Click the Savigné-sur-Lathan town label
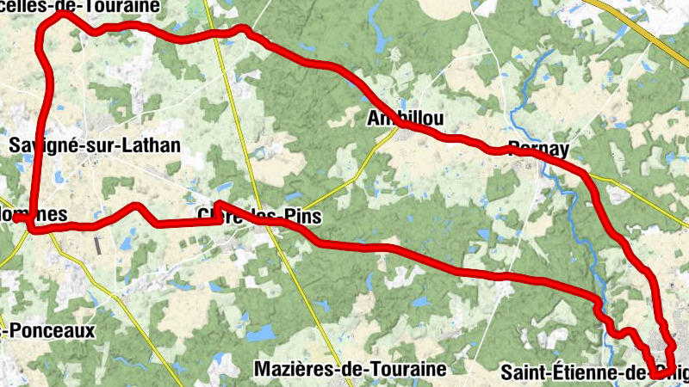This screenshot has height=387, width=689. (x=95, y=145)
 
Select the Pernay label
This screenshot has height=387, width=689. (x=538, y=149)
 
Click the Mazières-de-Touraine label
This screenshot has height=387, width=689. (x=351, y=370)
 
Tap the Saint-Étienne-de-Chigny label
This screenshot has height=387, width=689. (x=594, y=373)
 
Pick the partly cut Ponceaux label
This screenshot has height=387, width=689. (x=47, y=330)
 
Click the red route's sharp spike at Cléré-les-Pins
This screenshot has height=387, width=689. (x=217, y=204)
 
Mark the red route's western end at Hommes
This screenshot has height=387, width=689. (x=16, y=218)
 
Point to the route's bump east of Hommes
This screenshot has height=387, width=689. (x=137, y=206)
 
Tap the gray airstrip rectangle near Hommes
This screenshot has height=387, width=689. (x=96, y=244)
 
